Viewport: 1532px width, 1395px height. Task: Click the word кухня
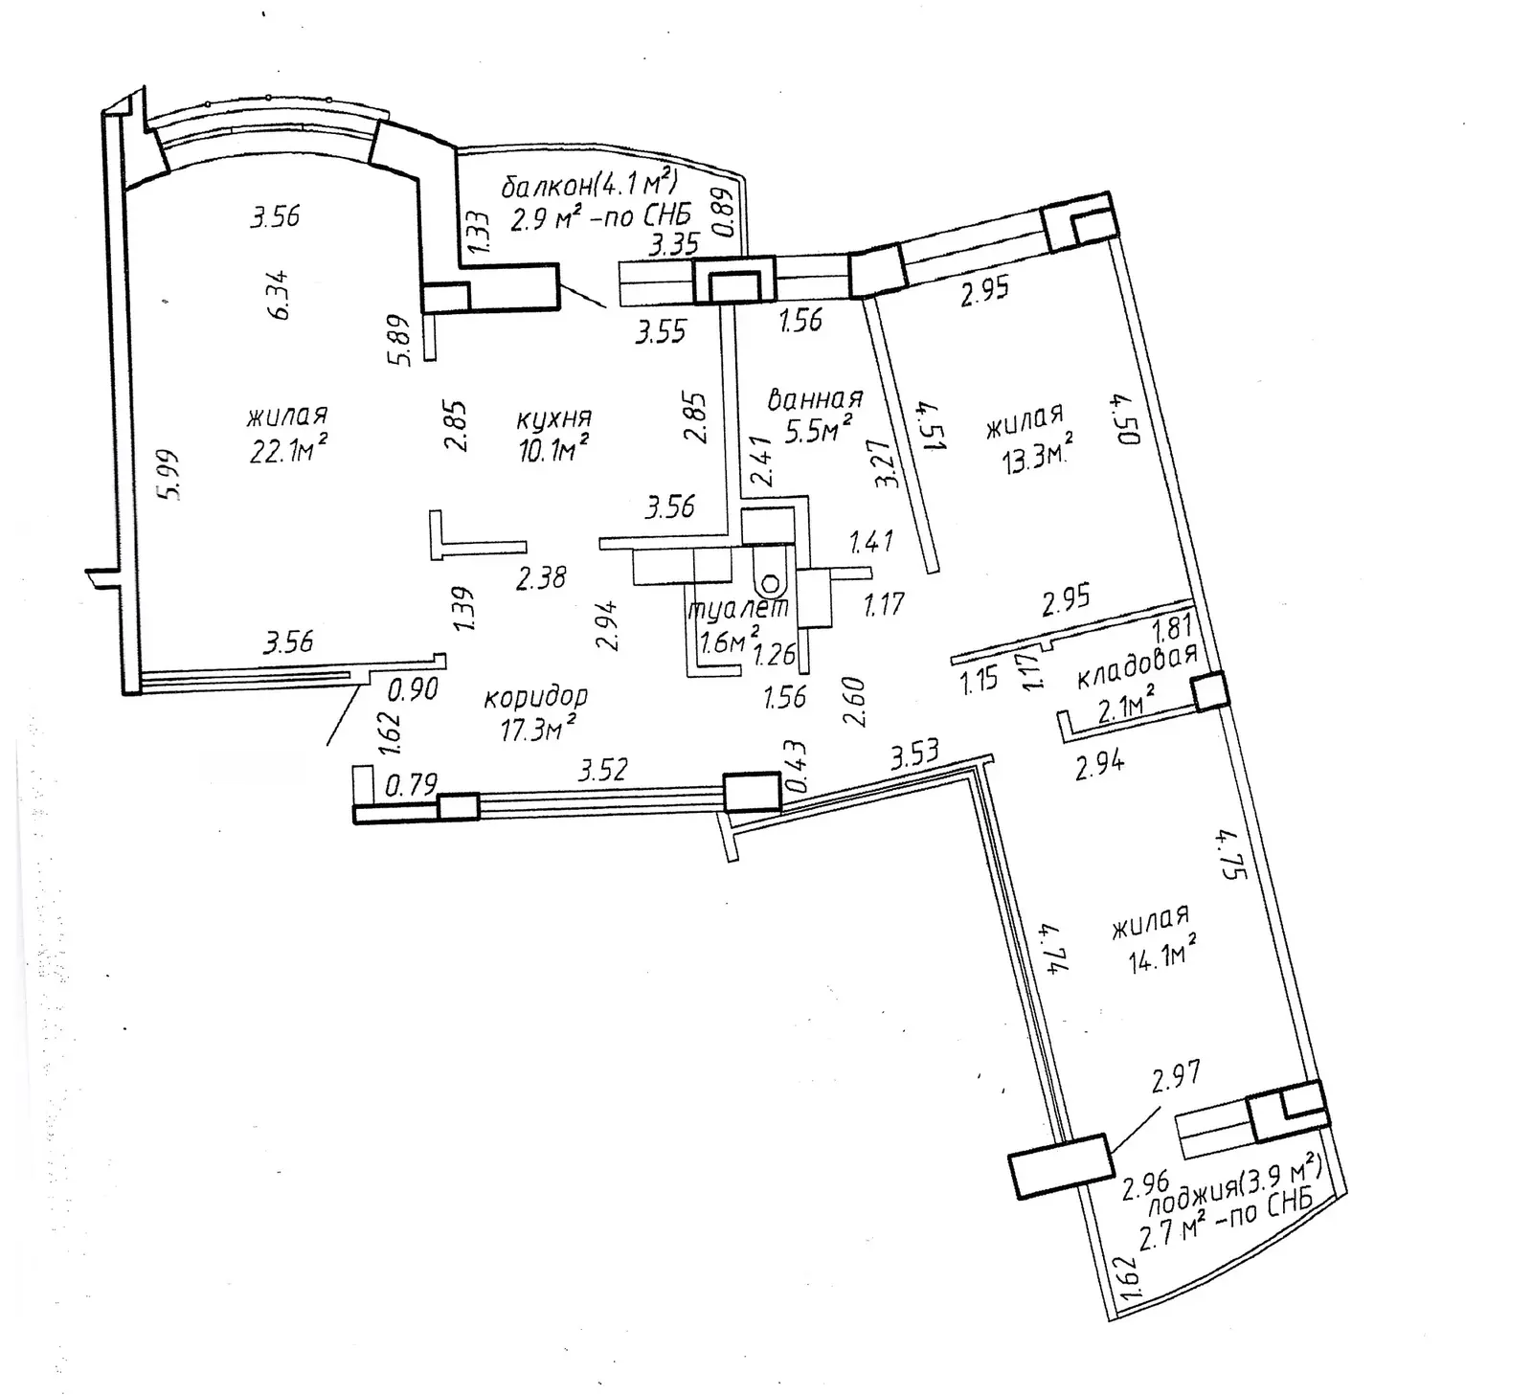553,419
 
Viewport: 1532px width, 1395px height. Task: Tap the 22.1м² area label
288,448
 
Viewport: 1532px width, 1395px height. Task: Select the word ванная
815,399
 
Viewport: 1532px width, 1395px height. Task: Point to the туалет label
738,608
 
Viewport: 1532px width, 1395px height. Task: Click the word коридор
535,698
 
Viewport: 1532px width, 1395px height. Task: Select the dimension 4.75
1228,855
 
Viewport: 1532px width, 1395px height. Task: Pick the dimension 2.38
541,577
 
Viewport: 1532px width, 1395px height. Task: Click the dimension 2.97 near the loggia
1176,1078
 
